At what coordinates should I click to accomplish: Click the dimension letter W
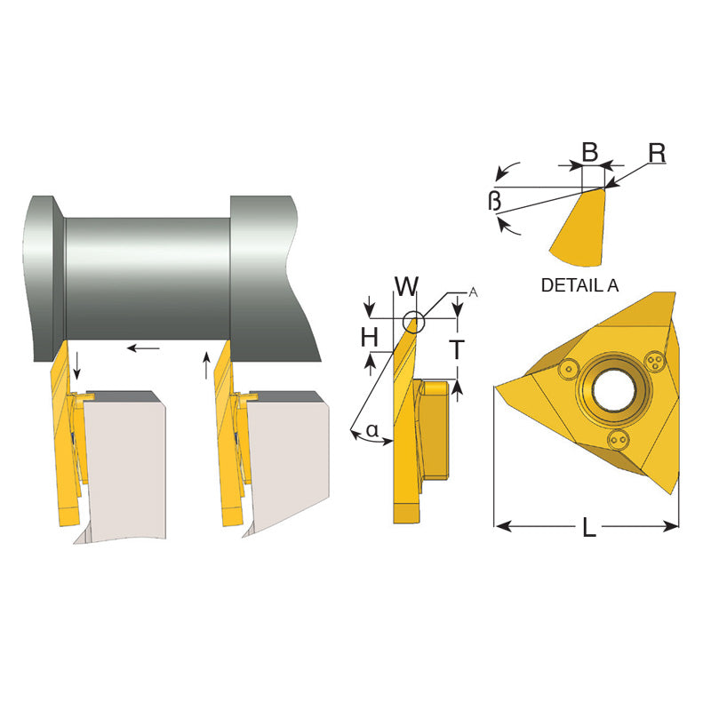[406, 285]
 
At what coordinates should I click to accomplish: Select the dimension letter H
[370, 337]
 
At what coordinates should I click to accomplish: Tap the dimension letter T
[458, 349]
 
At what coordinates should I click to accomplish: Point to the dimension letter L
[588, 527]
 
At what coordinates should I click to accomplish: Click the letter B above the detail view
[589, 152]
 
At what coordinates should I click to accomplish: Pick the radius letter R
[657, 153]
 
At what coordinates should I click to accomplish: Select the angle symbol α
[371, 429]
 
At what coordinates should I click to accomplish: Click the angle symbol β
[494, 201]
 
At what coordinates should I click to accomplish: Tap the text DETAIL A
[580, 285]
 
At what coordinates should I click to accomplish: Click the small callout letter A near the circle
[473, 292]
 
